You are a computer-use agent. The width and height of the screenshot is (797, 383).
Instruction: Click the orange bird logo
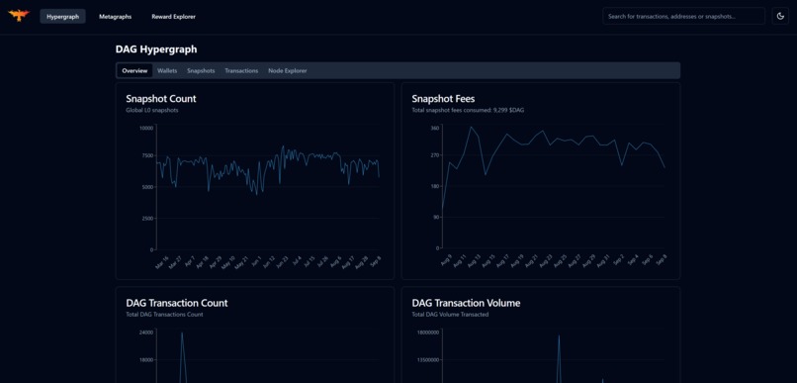19,16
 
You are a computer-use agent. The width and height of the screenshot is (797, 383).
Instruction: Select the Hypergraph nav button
62,17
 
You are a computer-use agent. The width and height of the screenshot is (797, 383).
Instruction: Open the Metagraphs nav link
115,17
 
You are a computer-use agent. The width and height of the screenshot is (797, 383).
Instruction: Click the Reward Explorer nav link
173,17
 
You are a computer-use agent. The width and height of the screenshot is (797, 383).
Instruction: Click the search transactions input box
683,17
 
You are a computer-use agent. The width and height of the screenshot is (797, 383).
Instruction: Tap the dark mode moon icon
780,17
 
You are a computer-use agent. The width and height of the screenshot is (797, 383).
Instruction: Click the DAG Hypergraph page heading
156,49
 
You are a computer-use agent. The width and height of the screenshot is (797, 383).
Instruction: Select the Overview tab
133,71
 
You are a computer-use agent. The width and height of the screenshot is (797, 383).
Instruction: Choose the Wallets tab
167,71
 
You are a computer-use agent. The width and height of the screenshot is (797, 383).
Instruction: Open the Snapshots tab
201,71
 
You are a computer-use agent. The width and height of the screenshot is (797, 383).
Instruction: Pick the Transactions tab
241,71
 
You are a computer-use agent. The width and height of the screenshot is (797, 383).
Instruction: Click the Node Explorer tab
288,71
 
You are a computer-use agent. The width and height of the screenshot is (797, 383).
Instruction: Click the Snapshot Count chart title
161,99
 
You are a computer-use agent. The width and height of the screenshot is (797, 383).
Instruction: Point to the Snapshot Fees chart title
443,99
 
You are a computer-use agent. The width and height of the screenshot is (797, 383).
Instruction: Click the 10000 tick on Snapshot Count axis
145,128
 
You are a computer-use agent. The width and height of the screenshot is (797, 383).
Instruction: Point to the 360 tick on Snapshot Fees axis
434,128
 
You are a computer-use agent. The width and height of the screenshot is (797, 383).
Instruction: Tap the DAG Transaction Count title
177,303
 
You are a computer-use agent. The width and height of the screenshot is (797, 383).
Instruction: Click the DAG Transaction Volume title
466,303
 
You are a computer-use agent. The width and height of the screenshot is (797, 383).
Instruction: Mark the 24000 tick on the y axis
145,333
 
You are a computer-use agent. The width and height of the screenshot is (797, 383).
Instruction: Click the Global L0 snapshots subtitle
152,111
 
